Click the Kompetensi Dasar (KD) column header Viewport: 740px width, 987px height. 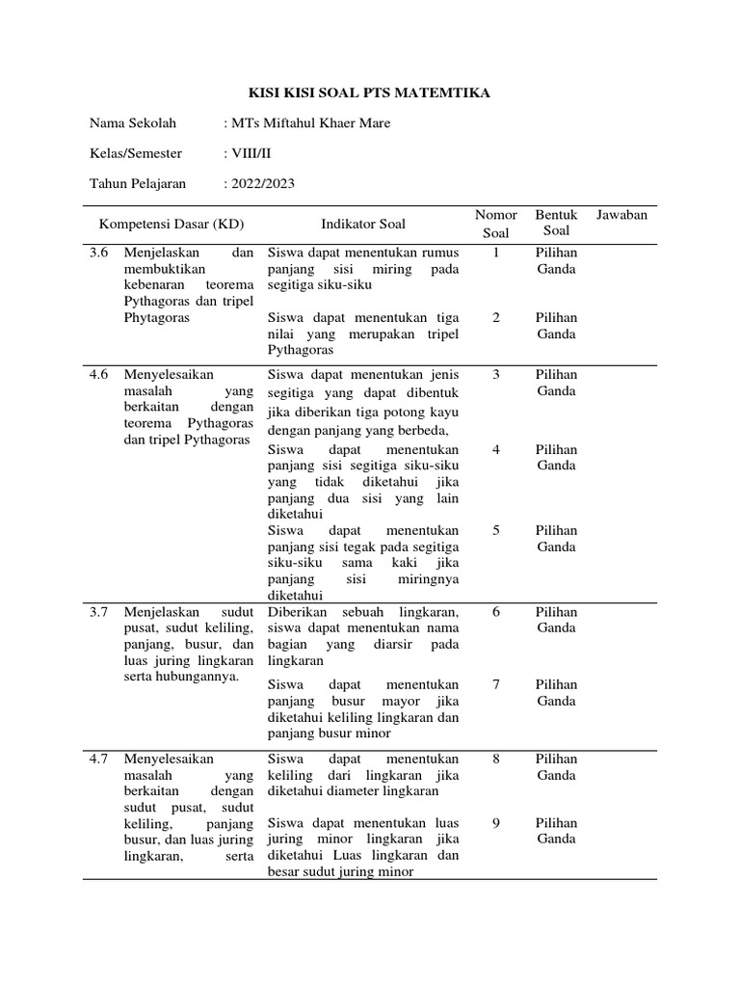click(x=172, y=225)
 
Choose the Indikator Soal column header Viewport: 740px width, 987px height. click(x=363, y=225)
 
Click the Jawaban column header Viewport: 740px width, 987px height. click(x=621, y=215)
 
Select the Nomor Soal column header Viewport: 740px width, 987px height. click(x=496, y=224)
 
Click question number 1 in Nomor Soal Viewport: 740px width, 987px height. click(x=496, y=253)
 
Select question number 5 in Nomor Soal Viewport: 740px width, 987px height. click(x=496, y=530)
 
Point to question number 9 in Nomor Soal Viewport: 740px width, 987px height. click(x=496, y=823)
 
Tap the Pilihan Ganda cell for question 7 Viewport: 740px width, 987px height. click(x=556, y=693)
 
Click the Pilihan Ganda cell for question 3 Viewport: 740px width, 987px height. click(x=556, y=383)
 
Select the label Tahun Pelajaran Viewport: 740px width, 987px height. click(x=138, y=183)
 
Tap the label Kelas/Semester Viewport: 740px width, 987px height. click(x=136, y=153)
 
